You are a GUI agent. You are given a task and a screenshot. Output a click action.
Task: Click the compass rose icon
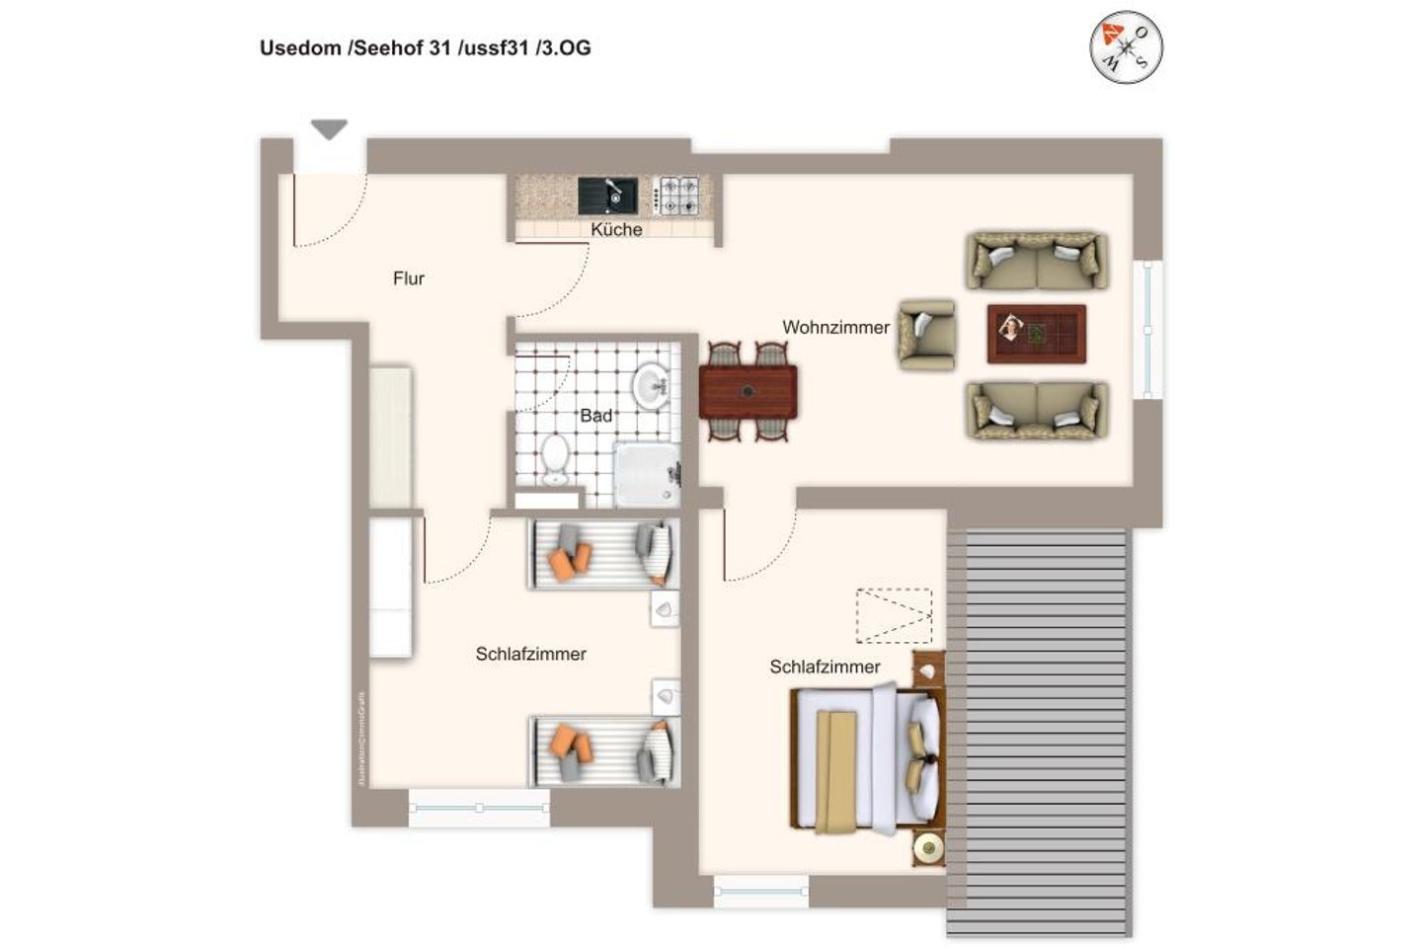pos(1126,46)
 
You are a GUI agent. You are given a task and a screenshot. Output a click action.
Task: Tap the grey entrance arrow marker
pos(329,128)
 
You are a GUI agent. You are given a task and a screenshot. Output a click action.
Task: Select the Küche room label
pos(616,229)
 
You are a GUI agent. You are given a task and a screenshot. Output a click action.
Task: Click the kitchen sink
pos(607,195)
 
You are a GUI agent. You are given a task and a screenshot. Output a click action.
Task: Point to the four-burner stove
pos(678,195)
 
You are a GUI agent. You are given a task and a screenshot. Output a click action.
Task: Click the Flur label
pos(408,278)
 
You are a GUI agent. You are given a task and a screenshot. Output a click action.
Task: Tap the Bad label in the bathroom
pos(595,416)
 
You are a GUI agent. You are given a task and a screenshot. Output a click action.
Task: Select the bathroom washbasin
pos(651,386)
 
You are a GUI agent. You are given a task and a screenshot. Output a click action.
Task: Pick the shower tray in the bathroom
pos(647,474)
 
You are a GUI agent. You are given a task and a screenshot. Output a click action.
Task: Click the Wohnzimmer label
pos(835,327)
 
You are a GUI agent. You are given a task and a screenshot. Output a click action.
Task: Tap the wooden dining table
pos(749,392)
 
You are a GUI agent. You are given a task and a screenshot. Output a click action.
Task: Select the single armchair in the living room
pos(926,335)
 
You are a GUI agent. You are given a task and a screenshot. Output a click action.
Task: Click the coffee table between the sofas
pos(1036,334)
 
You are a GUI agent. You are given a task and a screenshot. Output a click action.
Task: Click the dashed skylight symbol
pos(894,615)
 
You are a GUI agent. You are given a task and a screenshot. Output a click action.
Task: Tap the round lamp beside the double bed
pos(928,848)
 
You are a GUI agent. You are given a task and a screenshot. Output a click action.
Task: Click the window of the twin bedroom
pos(479,808)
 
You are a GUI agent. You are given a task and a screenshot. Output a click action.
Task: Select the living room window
pos(1146,330)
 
